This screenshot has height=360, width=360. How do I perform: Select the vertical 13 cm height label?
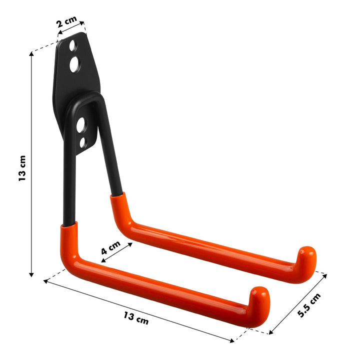coord(22,168)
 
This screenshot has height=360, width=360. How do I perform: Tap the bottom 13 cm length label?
coord(136,317)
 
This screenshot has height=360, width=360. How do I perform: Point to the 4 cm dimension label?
coord(110,248)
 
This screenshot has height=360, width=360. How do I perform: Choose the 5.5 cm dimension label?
coord(308,305)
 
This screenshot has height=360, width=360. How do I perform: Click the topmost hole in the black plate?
coord(73,45)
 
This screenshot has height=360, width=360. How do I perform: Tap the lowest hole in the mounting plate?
coord(83,142)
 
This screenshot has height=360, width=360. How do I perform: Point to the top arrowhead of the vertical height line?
coord(31,54)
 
